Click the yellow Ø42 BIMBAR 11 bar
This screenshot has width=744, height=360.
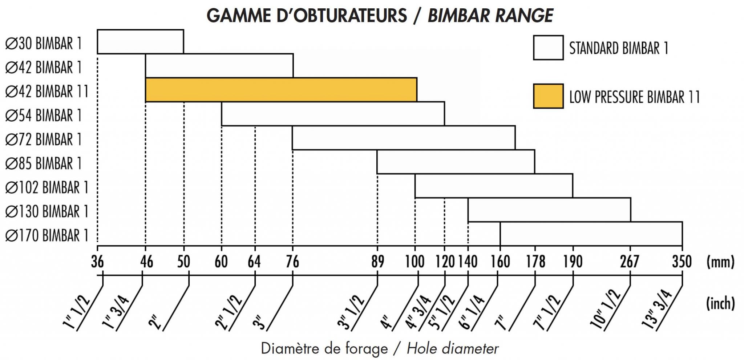(x=281, y=90)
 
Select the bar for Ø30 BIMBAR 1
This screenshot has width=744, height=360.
(x=140, y=42)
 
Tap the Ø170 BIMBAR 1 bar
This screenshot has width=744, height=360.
(x=591, y=234)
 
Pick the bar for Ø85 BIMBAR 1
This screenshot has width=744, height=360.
(x=456, y=162)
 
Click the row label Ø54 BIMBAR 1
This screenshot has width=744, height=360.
(x=44, y=116)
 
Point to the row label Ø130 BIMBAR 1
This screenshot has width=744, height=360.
(x=47, y=211)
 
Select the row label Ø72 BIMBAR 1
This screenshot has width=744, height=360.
(x=44, y=139)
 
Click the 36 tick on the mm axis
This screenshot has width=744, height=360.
(x=97, y=262)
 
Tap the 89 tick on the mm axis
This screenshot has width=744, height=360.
(x=377, y=262)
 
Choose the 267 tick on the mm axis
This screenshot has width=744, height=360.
(x=630, y=262)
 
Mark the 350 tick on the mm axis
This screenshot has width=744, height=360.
(x=682, y=262)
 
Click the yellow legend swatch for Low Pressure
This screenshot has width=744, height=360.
(x=548, y=96)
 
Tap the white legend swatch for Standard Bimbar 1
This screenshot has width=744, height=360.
(x=548, y=48)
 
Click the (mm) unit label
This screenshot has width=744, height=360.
(x=720, y=262)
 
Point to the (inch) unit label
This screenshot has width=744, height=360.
(x=720, y=303)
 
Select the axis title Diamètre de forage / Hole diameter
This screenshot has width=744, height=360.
(x=380, y=349)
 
